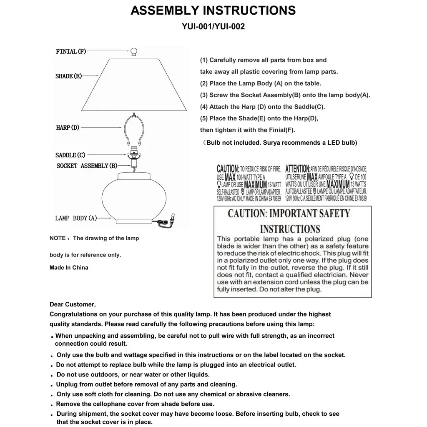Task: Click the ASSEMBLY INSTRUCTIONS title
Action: coord(213,10)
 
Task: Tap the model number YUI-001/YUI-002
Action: coord(213,27)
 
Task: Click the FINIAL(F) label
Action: coord(71,52)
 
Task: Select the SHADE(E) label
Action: coord(68,76)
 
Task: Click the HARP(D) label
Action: coord(68,128)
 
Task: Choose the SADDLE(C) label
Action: coord(70,155)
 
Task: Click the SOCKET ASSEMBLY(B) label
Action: coord(87,166)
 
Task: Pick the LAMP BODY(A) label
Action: coord(76,218)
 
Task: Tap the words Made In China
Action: coord(69,268)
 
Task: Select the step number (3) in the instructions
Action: coord(204,95)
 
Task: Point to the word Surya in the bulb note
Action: coord(272,143)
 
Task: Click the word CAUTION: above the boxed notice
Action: coord(228,169)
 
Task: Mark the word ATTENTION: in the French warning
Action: coord(298,169)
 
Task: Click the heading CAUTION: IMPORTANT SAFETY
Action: coord(289,214)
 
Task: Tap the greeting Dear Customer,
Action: coord(73,304)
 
